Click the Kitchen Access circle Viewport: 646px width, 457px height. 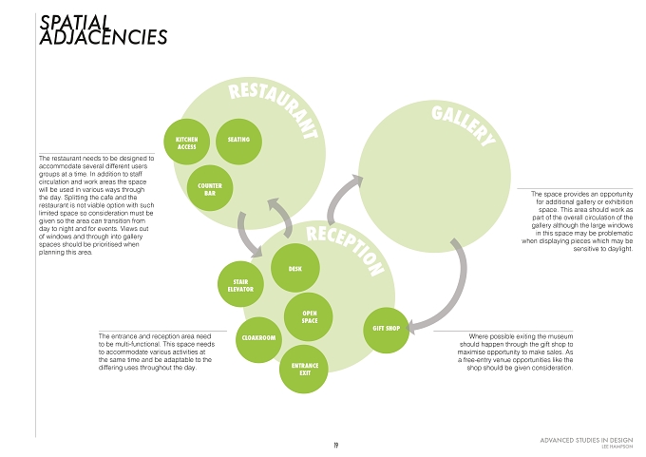tap(186, 142)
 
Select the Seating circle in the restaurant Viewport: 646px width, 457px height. tap(238, 142)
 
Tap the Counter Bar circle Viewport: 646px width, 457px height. tap(210, 188)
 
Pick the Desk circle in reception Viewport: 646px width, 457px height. tap(295, 268)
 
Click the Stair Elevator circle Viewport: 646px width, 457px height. tap(240, 284)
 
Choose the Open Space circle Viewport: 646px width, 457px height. tap(309, 317)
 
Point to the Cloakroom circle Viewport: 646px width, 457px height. tap(258, 339)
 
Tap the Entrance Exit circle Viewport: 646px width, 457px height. tap(304, 370)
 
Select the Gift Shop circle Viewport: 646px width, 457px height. tap(387, 330)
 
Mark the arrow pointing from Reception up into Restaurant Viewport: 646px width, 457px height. tap(284, 215)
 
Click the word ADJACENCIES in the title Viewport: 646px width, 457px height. tap(104, 37)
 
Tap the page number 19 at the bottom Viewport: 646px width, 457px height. tap(336, 446)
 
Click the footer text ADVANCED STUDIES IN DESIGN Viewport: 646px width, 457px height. tap(586, 440)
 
